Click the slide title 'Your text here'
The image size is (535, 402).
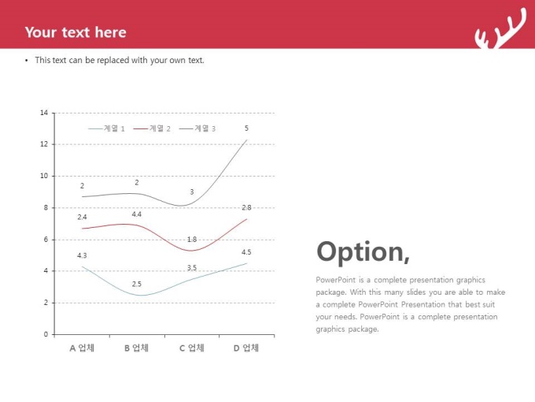[x=76, y=32]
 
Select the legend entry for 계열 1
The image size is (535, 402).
[x=106, y=128]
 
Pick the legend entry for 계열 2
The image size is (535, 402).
[x=152, y=128]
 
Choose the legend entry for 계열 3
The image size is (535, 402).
[x=197, y=128]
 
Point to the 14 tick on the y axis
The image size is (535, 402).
[x=44, y=113]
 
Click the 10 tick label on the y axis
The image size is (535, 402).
[x=44, y=176]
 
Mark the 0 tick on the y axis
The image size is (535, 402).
[x=46, y=334]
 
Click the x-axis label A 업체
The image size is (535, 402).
[x=82, y=348]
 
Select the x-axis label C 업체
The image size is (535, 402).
[x=192, y=348]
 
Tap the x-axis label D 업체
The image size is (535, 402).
[x=246, y=348]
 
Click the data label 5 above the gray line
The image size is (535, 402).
[x=246, y=128]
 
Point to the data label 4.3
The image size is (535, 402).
[x=82, y=255]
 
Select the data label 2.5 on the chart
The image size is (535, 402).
[x=136, y=284]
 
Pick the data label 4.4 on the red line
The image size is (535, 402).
[x=136, y=214]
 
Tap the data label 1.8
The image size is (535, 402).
[x=192, y=240]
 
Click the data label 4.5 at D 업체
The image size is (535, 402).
[x=246, y=252]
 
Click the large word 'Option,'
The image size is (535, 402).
[x=363, y=252]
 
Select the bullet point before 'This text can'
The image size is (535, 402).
[x=27, y=61]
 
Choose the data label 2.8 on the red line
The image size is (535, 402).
[x=246, y=207]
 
